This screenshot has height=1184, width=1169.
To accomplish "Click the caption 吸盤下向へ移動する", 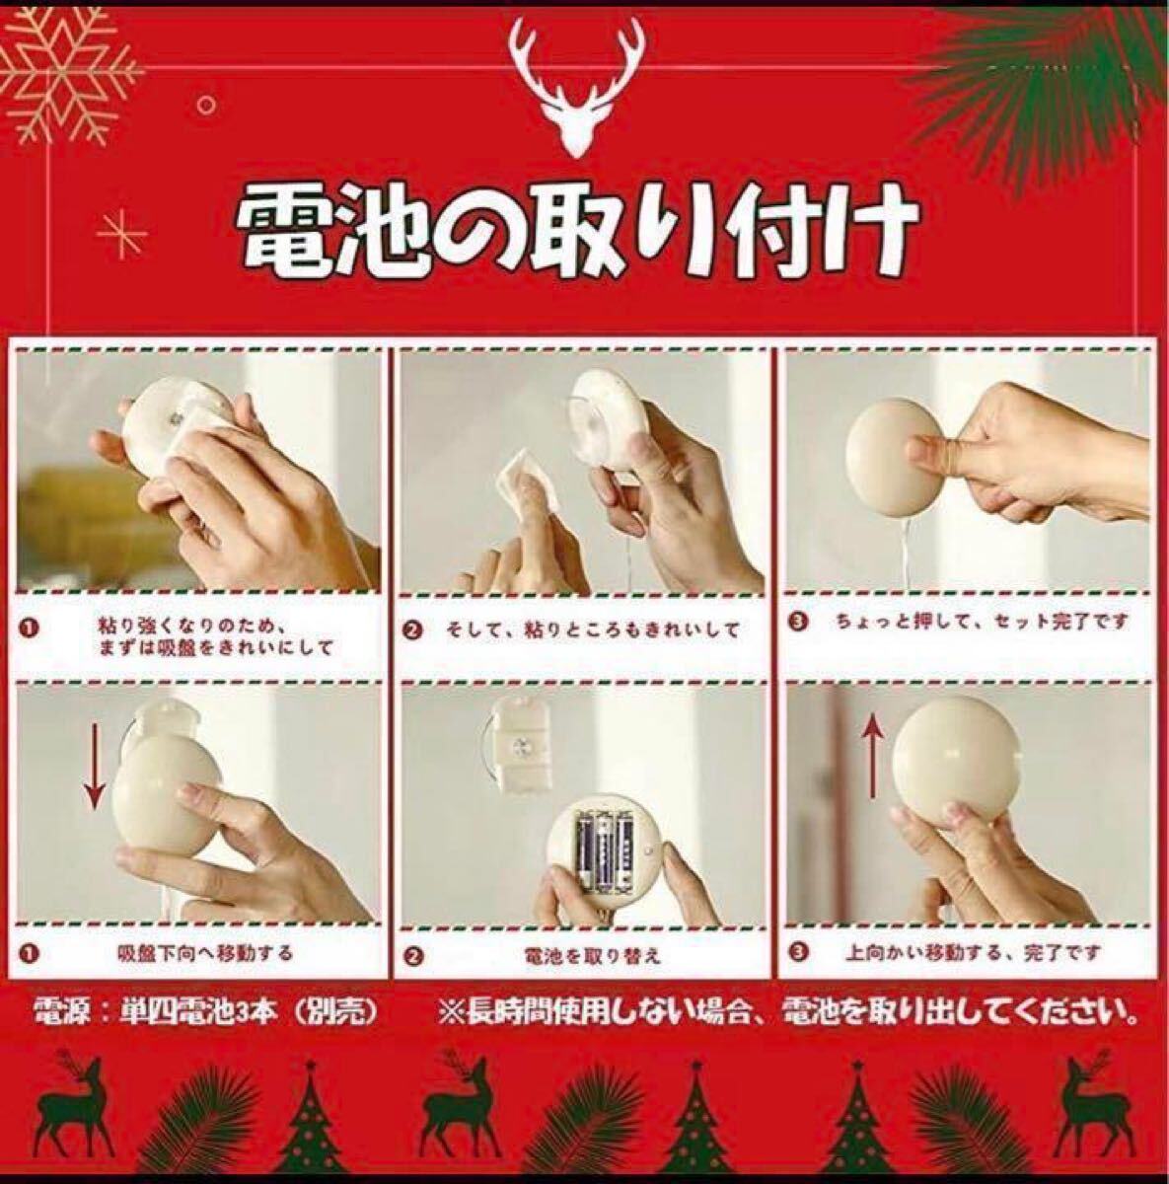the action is coord(204,970).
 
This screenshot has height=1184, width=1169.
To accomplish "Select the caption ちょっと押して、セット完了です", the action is coord(982,622).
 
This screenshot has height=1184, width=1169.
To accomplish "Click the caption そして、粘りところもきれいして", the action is coord(591,629).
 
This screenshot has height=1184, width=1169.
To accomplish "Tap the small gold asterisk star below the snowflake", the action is coord(121,234).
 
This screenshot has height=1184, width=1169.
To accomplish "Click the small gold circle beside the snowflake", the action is coord(207,105).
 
